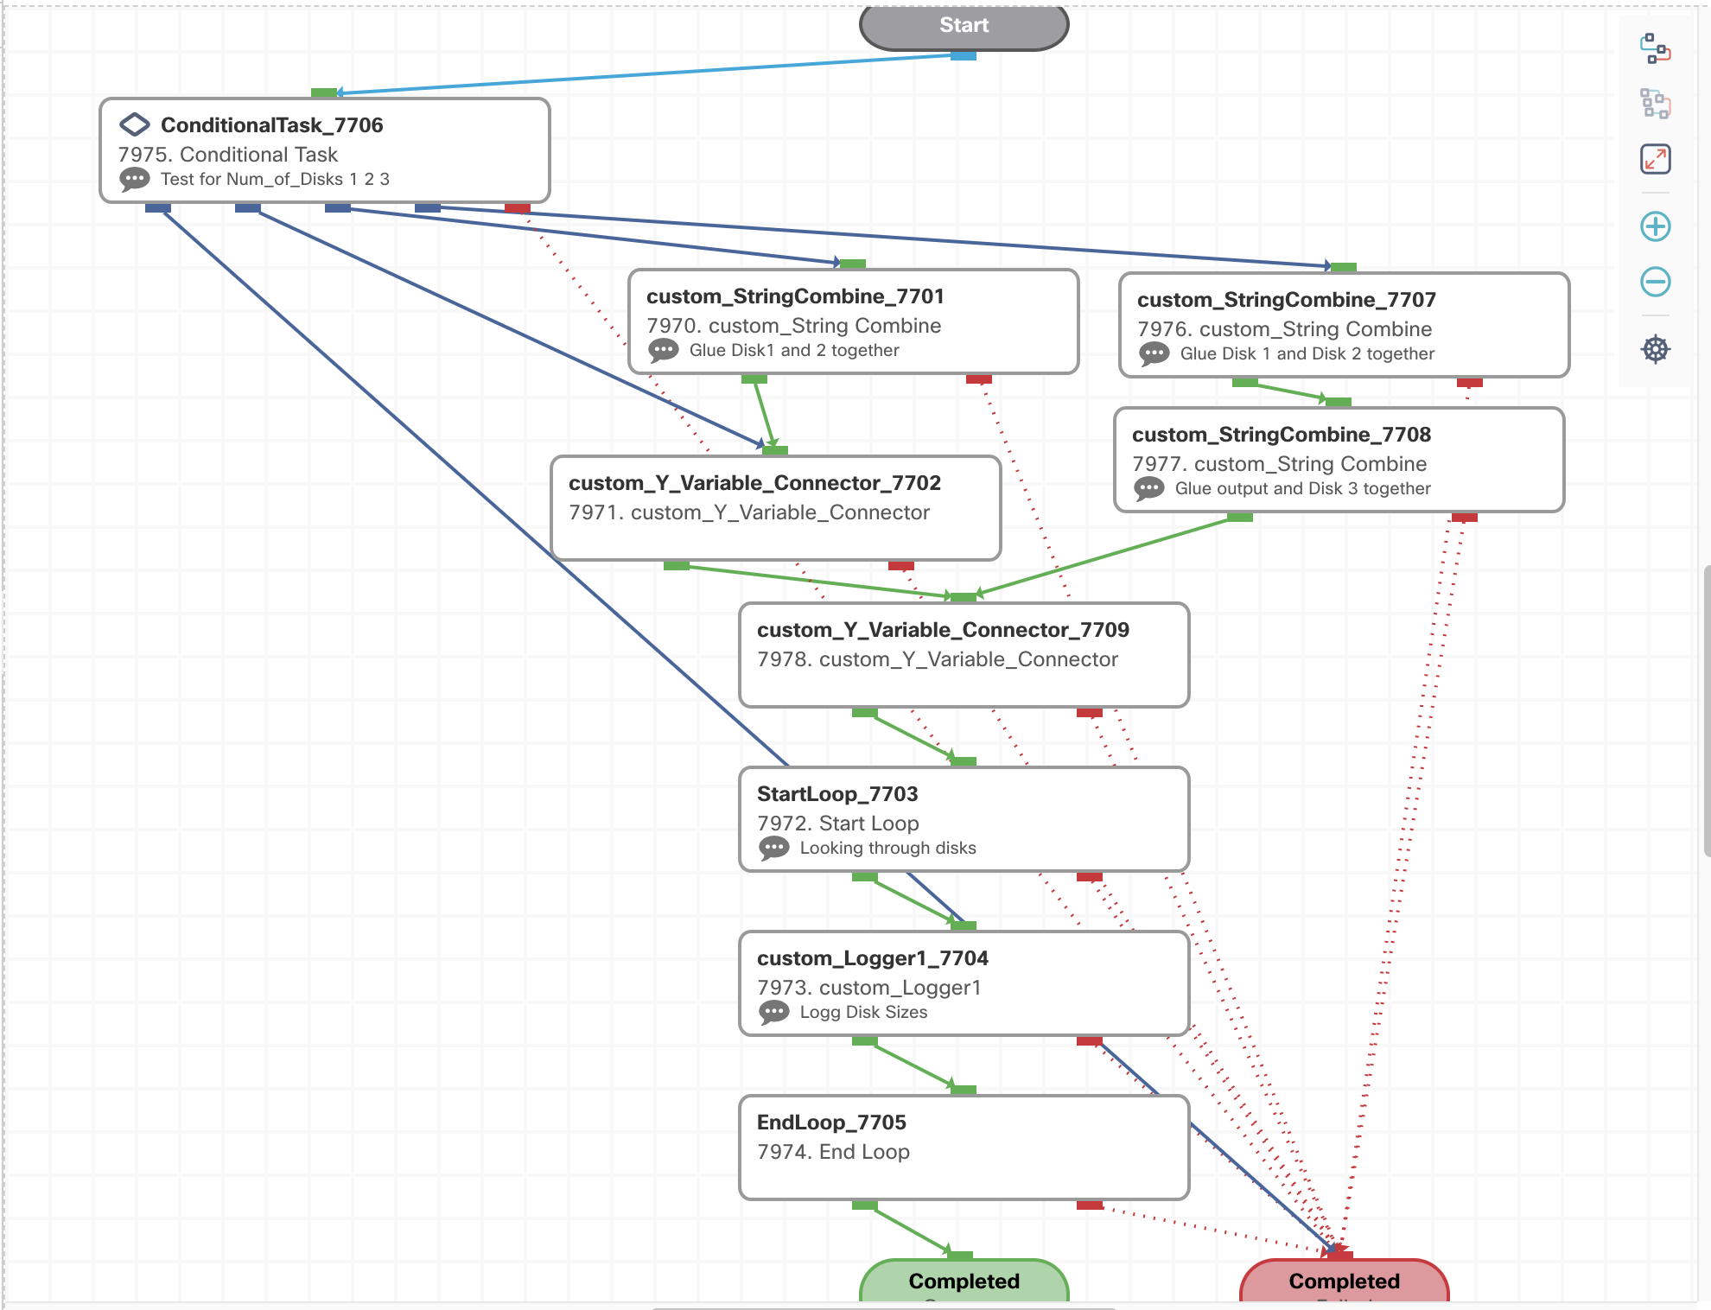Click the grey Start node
coord(964,27)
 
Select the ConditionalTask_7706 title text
coord(271,125)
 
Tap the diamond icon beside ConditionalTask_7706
coord(134,124)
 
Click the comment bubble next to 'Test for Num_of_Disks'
coord(134,180)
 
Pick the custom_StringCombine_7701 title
coord(794,296)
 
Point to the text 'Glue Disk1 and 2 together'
coord(794,350)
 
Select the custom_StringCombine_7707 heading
coord(1286,300)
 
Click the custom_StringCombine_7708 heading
coord(1281,435)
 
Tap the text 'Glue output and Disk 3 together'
coord(1302,488)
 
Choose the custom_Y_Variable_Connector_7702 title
coord(754,483)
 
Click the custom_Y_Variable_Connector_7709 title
coord(943,630)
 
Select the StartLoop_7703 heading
coord(837,794)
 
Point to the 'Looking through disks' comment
coord(887,848)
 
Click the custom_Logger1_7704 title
coord(872,958)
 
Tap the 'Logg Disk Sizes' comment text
coord(863,1012)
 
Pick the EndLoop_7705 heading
coord(831,1122)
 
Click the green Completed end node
coord(964,1281)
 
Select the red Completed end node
coord(1344,1281)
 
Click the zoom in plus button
coord(1655,226)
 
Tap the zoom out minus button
coord(1655,282)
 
